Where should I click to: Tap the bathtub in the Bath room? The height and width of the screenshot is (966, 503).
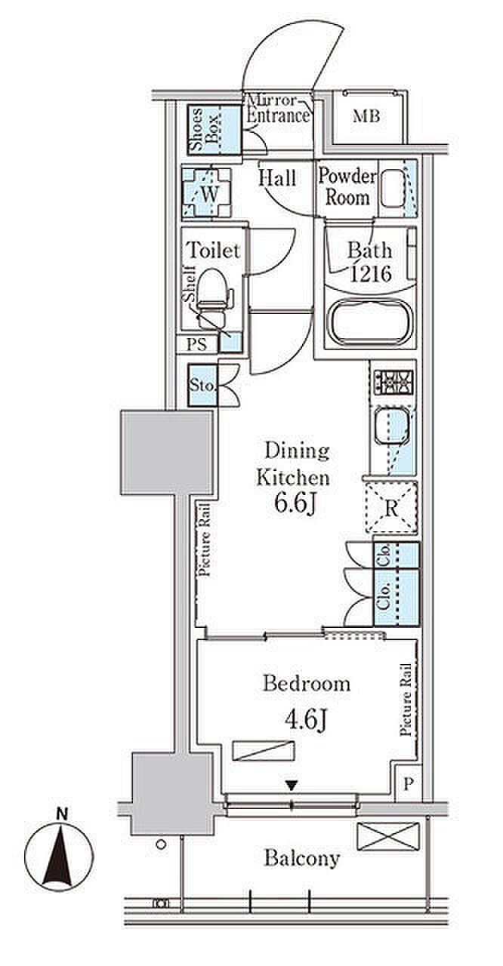(x=370, y=321)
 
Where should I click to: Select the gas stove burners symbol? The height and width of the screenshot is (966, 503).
(x=393, y=382)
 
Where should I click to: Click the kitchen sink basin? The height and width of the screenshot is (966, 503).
(x=392, y=426)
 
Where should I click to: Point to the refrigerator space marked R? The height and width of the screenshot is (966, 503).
(x=391, y=508)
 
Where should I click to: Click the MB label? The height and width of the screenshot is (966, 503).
(x=366, y=116)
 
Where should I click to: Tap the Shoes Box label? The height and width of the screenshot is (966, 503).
(x=204, y=129)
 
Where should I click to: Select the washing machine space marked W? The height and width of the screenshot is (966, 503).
(x=207, y=192)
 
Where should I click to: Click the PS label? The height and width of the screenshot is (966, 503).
(x=196, y=345)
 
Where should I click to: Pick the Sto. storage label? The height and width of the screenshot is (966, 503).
(x=202, y=385)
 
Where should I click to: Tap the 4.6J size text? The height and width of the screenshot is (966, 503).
(x=305, y=719)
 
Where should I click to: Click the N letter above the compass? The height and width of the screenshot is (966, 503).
(x=63, y=814)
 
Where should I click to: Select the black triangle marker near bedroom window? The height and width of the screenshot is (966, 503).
(x=292, y=786)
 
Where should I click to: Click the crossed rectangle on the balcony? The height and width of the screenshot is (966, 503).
(x=388, y=837)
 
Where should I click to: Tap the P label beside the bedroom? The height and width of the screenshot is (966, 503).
(x=409, y=783)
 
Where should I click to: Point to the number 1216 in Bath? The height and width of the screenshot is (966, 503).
(x=371, y=273)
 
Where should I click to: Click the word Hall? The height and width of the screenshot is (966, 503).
(x=277, y=177)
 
